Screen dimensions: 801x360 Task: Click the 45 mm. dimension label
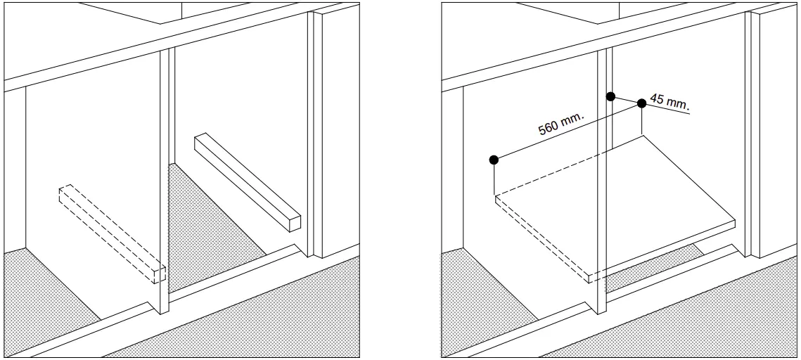coord(668,103)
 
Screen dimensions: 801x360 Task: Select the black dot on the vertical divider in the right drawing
coord(610,96)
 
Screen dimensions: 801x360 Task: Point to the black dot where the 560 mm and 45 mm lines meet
coord(641,104)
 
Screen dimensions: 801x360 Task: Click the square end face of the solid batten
coord(294,221)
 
